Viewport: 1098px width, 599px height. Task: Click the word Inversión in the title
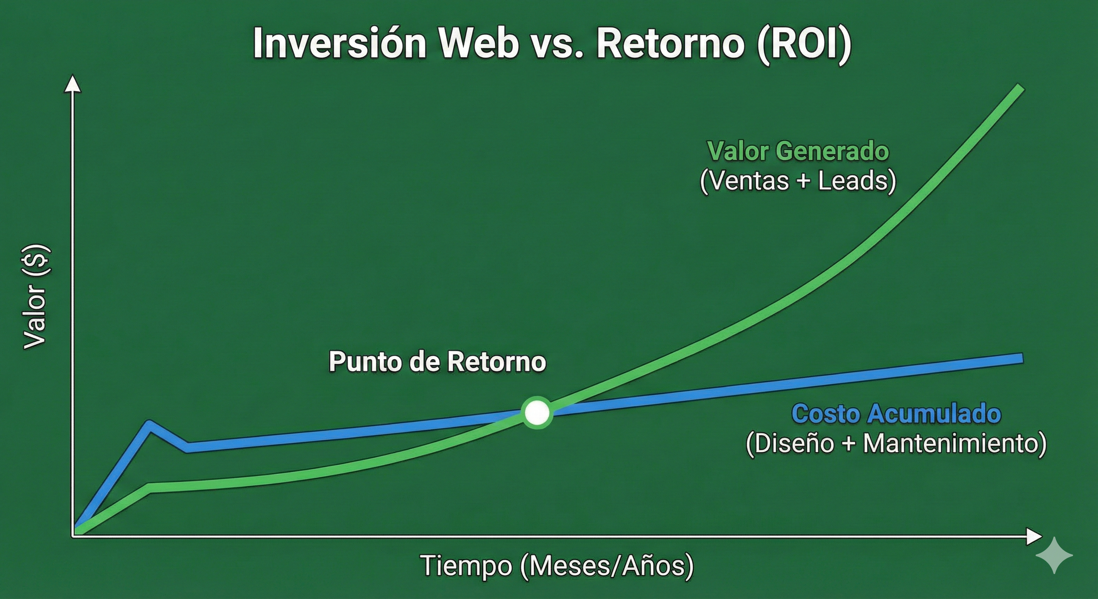339,44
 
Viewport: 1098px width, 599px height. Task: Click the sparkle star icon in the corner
1054,555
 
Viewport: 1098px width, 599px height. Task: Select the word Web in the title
479,44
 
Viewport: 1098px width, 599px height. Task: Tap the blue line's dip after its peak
188,448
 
